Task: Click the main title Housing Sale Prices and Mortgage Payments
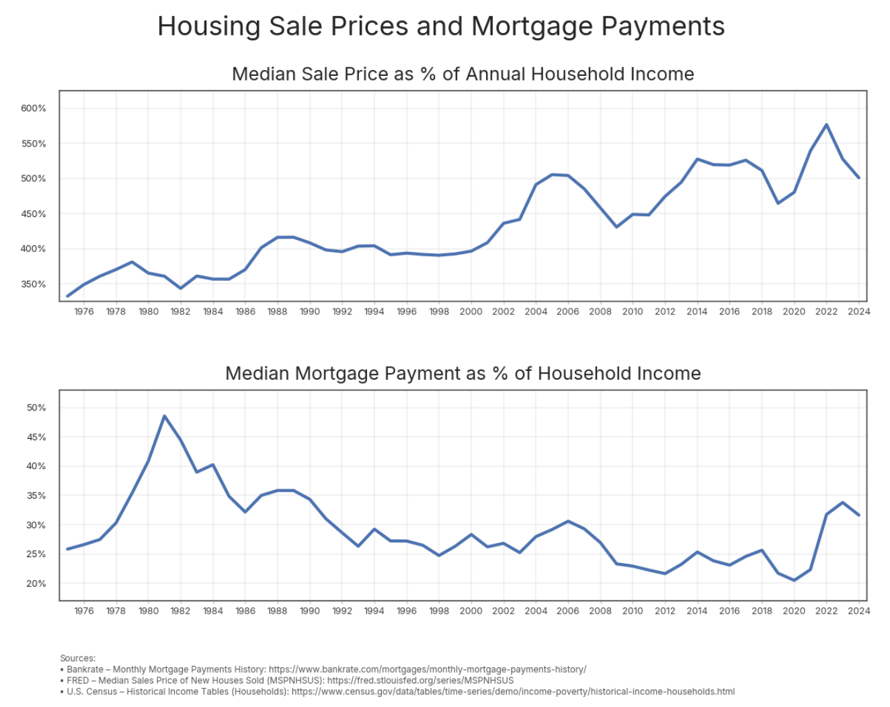(x=441, y=27)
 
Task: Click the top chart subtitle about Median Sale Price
(x=462, y=74)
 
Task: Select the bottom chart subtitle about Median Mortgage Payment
(x=462, y=374)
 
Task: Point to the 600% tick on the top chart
(x=34, y=108)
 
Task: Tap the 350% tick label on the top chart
(x=34, y=284)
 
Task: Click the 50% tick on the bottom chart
(x=36, y=408)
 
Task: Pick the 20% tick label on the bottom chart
(x=36, y=583)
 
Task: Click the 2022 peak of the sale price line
(x=826, y=124)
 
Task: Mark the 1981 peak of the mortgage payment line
(x=164, y=416)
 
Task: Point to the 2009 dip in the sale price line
(x=616, y=227)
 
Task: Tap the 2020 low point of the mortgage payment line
(x=794, y=580)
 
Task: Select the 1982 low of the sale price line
(x=180, y=288)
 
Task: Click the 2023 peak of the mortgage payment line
(x=842, y=502)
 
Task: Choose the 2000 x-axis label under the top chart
(x=471, y=312)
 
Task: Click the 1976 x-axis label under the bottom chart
(x=83, y=611)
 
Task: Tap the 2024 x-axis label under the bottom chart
(x=858, y=611)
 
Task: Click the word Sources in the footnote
(x=78, y=659)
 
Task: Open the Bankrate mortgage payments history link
(x=427, y=669)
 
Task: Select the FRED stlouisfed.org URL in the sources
(x=420, y=680)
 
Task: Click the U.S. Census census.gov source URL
(x=513, y=692)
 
